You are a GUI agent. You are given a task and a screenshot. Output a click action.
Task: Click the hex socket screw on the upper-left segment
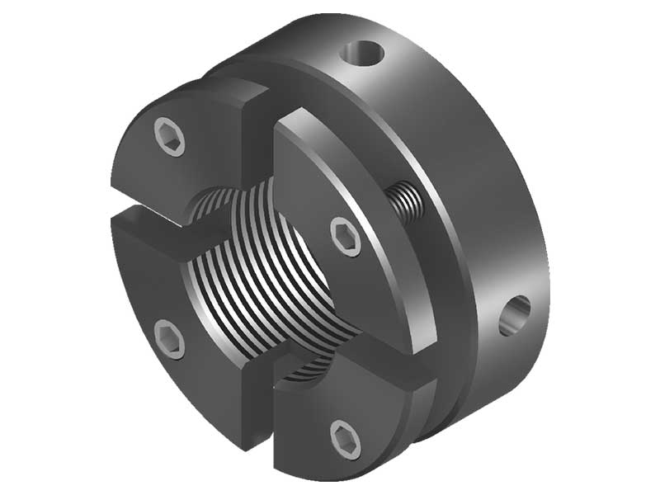coord(170,136)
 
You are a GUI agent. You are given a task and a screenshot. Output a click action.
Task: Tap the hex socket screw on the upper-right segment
coord(346,237)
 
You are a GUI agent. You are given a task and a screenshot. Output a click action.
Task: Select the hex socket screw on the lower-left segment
coord(170,339)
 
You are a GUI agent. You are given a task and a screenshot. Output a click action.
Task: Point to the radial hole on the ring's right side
coord(515,316)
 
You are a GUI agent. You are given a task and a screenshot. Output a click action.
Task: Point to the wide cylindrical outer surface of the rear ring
coord(478,190)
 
